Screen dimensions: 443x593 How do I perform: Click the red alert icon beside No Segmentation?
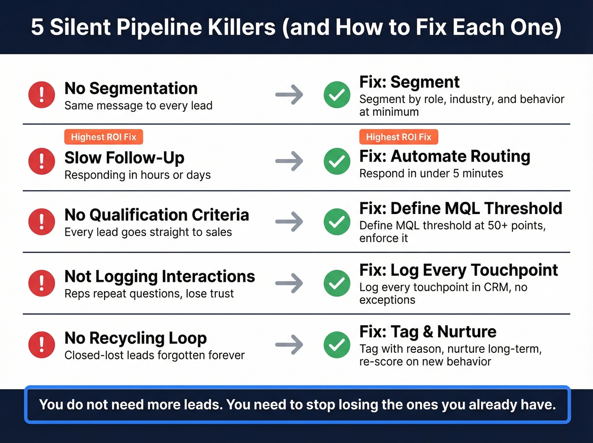42,95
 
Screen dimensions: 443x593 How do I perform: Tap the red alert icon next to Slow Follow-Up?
42,161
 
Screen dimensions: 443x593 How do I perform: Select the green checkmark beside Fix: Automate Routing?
337,161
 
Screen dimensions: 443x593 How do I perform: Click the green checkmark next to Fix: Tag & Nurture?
337,344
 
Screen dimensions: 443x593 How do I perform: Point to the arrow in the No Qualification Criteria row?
289,222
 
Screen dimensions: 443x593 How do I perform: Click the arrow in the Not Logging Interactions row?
289,283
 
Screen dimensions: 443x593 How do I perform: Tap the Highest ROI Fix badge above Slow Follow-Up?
103,137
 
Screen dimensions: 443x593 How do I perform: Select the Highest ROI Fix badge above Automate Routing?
399,137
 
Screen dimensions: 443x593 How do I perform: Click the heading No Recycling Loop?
136,338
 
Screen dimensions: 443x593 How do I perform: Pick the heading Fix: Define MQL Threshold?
460,208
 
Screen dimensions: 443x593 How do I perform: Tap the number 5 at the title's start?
37,27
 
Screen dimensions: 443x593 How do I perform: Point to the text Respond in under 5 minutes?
431,173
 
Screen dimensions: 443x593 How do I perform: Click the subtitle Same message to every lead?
139,106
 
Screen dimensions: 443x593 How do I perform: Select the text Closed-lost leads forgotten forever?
155,355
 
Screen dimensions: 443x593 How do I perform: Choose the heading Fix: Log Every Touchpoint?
458,270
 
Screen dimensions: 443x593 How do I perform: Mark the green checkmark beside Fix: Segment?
337,95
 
